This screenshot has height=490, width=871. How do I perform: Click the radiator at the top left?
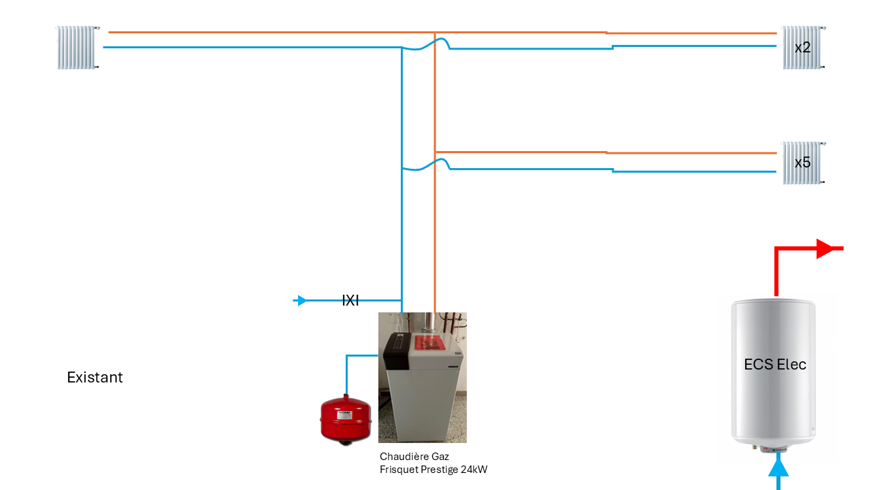click(x=78, y=48)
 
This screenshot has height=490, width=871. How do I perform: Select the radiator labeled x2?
click(x=802, y=48)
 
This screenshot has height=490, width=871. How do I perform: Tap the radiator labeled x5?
click(x=802, y=163)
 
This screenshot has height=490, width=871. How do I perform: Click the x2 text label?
click(x=802, y=48)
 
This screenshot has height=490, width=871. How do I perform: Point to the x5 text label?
click(x=802, y=163)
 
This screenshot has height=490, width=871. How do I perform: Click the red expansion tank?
click(x=345, y=420)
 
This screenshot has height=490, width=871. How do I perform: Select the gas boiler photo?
click(x=423, y=377)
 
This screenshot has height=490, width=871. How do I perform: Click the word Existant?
click(x=95, y=377)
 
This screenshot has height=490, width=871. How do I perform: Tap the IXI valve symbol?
click(x=350, y=300)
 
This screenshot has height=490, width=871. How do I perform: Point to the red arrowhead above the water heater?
click(x=824, y=248)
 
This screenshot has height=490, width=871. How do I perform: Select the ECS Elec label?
click(x=775, y=364)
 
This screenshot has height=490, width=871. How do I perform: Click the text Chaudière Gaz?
click(x=414, y=457)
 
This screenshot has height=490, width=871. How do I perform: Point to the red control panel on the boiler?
click(x=428, y=343)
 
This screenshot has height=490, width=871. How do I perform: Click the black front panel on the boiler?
click(x=397, y=350)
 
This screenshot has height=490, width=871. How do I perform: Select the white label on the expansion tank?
click(x=344, y=414)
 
